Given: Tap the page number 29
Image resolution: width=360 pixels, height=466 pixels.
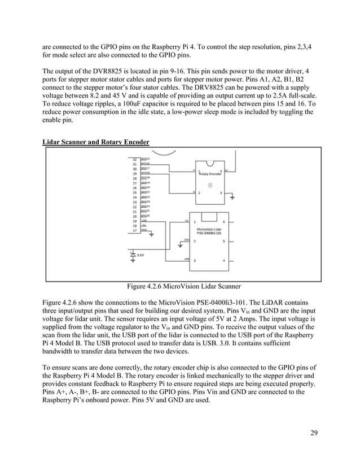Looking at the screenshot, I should coord(314,433).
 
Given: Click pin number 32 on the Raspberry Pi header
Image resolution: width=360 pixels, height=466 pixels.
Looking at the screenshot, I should coord(135,160).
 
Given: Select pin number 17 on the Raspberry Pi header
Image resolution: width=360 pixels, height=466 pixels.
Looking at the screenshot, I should coord(135,230).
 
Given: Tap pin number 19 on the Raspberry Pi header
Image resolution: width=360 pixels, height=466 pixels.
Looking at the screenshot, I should coord(135,221).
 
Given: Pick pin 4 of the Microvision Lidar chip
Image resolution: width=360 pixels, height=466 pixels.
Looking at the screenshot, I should coord(224,261).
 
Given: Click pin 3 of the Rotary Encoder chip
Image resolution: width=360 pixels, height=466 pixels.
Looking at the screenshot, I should coord(221,192).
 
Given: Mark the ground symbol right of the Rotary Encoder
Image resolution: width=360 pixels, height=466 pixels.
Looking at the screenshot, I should coord(233,198).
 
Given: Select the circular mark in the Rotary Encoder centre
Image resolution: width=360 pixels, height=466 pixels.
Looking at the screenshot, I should coord(210,185).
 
